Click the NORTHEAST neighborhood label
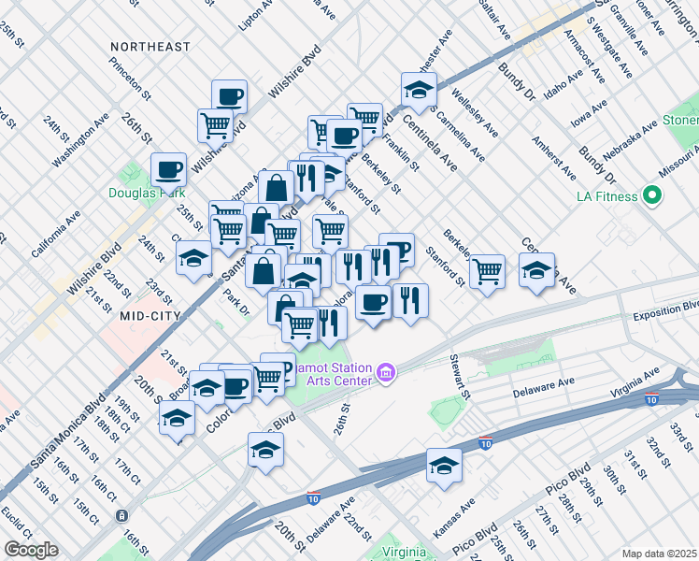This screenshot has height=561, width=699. tap(150, 47)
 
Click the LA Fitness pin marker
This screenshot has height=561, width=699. tap(653, 196)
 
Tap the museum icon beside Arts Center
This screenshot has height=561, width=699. tap(385, 375)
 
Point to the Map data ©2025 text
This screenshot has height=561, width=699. tap(659, 554)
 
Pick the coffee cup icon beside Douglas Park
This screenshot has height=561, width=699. tap(168, 169)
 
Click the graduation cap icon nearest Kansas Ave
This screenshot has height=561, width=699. tap(444, 465)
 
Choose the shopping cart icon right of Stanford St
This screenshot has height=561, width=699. tap(487, 270)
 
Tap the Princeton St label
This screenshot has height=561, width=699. tap(130, 78)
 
